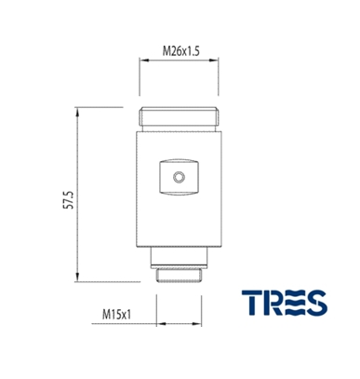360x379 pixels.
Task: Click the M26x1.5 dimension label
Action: tap(181, 51)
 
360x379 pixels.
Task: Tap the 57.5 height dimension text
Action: tap(69, 200)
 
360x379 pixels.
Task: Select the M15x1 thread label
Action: tap(117, 315)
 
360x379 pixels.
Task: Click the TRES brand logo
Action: tap(285, 303)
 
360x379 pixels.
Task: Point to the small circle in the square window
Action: tap(179, 178)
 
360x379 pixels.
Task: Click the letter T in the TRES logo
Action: tap(252, 303)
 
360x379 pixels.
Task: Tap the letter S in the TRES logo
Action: tap(316, 303)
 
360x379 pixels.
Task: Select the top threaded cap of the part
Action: tap(179, 116)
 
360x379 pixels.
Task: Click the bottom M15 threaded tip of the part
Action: tap(179, 276)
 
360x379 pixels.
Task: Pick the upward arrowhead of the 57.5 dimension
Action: tap(77, 112)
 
